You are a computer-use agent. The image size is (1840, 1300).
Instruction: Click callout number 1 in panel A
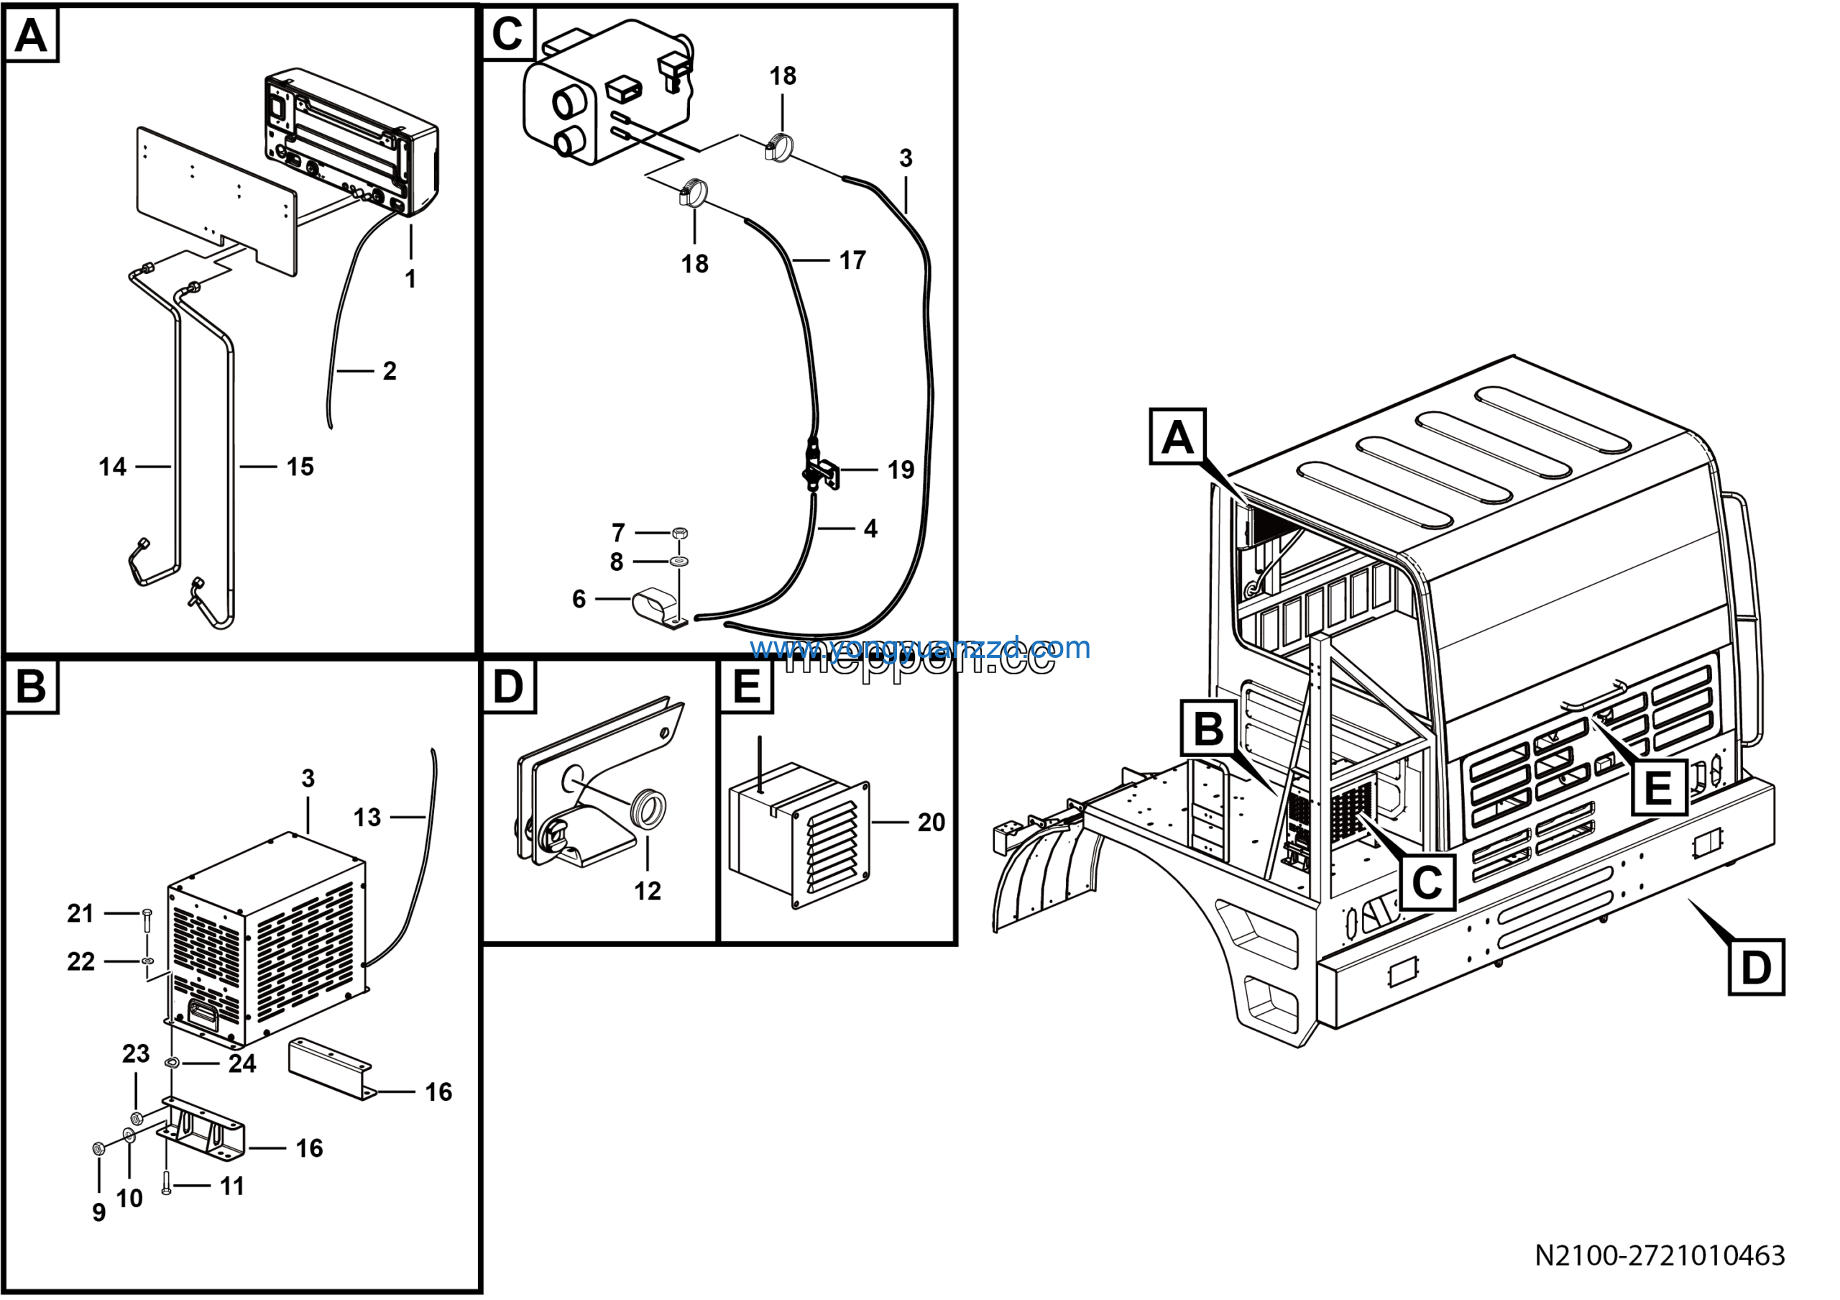pos(410,279)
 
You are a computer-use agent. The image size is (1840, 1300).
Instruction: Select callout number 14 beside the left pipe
pos(112,467)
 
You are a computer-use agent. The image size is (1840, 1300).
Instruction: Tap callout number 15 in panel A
pos(300,467)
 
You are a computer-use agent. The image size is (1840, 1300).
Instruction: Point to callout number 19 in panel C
pos(901,470)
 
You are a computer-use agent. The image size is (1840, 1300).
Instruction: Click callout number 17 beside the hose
pos(852,260)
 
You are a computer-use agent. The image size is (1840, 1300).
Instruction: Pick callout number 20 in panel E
pos(931,823)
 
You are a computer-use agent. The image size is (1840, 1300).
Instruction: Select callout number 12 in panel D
pos(648,892)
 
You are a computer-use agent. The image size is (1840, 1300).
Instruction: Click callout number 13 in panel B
pos(367,818)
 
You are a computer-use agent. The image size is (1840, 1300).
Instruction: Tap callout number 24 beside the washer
pos(242,1064)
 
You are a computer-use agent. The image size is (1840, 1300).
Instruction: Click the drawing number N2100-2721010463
pos(1660,1255)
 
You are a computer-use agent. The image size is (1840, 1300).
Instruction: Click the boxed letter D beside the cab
pos(1756,967)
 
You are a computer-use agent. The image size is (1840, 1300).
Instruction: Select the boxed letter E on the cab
pos(1657,788)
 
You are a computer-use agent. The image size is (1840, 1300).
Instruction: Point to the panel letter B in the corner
pos(31,687)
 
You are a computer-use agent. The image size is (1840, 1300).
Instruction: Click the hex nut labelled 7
pos(681,533)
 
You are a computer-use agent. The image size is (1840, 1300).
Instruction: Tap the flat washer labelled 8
pos(681,561)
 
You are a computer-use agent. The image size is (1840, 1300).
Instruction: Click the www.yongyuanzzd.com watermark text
pos(920,648)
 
